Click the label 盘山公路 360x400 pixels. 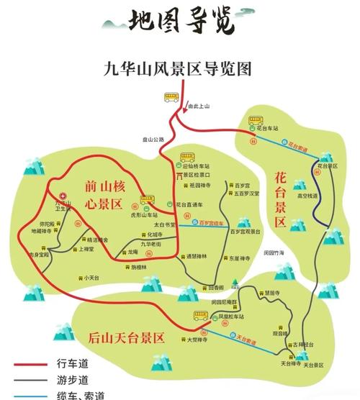click(153, 139)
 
